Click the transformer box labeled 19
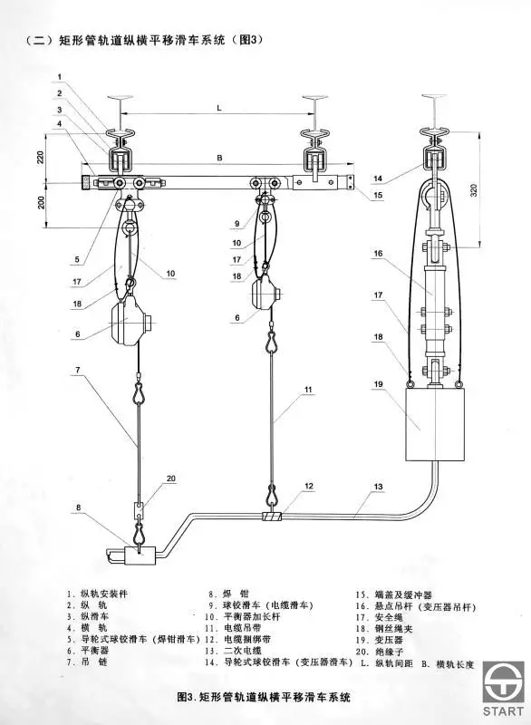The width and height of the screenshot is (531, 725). click(x=434, y=424)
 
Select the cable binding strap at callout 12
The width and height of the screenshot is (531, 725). click(x=272, y=516)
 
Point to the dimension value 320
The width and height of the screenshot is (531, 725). click(x=473, y=191)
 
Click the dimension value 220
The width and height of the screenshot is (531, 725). click(x=40, y=159)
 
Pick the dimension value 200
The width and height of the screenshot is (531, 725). click(x=41, y=202)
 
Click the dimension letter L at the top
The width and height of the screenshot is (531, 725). click(x=219, y=108)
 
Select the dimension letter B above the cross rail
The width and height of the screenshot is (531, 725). click(x=219, y=158)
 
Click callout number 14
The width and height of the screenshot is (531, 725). click(x=378, y=179)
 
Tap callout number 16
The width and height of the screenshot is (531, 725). click(x=379, y=254)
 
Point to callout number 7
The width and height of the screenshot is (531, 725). click(x=78, y=370)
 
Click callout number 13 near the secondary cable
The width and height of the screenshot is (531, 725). click(x=378, y=487)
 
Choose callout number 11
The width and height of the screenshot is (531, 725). click(x=308, y=390)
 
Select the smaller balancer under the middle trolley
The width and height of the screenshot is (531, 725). click(x=265, y=292)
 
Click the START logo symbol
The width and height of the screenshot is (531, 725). click(x=504, y=682)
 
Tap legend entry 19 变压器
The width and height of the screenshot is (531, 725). click(x=379, y=641)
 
